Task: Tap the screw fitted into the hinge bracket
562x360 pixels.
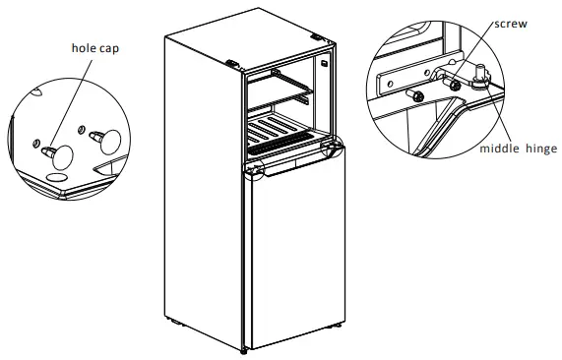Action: tap(456, 85)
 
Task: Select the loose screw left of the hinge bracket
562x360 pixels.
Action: tap(416, 94)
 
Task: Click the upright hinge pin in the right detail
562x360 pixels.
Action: tap(484, 72)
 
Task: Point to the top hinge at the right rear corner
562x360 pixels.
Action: tap(318, 38)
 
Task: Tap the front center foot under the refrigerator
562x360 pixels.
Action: tap(245, 347)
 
